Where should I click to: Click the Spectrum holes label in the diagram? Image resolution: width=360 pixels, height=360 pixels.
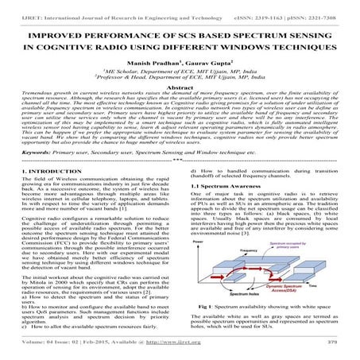(238, 296)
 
